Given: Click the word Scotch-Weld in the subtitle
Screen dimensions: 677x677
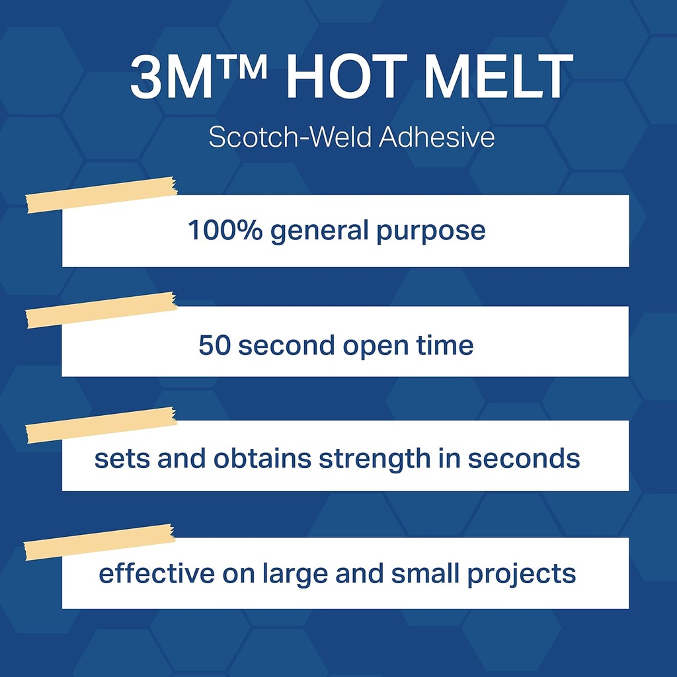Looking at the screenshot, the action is coord(290,137).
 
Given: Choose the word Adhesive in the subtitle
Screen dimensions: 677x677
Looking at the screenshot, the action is coord(437,137).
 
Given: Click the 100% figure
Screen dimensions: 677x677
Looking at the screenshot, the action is coord(225,229).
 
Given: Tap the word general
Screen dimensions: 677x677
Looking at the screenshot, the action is coord(319,231).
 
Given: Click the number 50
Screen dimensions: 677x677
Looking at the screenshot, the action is coord(214,345).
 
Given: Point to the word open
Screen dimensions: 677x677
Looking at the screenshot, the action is coord(376,347).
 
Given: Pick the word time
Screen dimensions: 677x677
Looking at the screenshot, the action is coord(445,344).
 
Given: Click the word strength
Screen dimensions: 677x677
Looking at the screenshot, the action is coord(374,459).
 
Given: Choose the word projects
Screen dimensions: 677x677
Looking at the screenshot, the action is coord(522,575).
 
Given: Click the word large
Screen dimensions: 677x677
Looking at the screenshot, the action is coord(295,575).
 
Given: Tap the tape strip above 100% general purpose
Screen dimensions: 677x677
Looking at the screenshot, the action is coord(101,195).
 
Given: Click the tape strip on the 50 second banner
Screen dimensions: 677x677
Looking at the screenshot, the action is coord(101,310).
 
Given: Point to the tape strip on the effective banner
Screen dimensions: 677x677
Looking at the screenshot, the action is coord(99,542).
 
